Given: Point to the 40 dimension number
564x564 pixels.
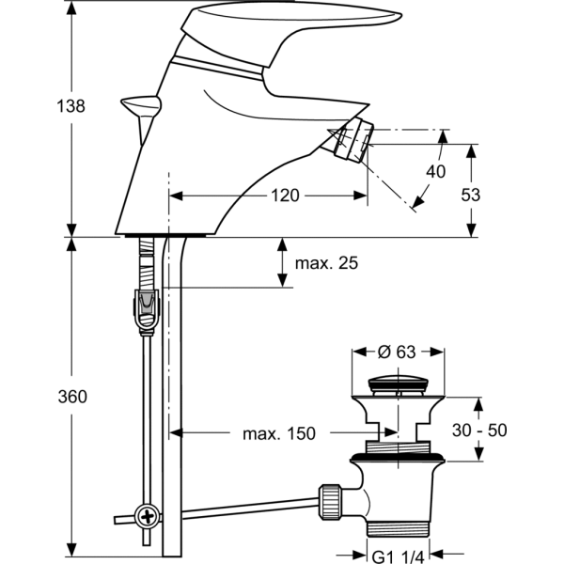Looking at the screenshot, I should click(435, 171).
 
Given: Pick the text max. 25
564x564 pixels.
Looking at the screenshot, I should click(327, 263).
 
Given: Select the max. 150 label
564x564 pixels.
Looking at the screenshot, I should click(279, 433).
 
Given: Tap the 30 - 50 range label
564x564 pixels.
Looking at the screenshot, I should click(479, 430).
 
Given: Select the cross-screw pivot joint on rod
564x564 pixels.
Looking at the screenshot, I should click(146, 515).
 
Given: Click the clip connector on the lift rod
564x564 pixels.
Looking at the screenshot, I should click(144, 308).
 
